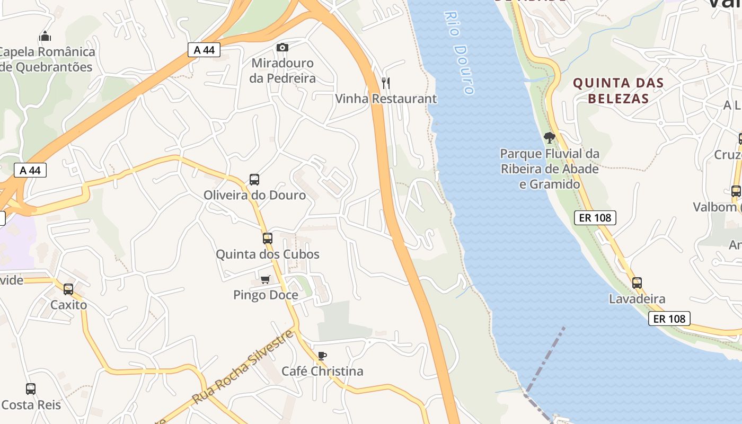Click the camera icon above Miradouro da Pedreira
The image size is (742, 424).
tap(282, 48)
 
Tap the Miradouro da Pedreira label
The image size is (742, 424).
tap(282, 70)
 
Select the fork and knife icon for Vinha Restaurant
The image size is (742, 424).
tap(386, 83)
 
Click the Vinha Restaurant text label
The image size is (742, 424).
tap(386, 99)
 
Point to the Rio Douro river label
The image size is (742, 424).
tap(459, 53)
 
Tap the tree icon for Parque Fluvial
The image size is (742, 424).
tap(550, 138)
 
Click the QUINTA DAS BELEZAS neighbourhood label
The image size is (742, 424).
tap(618, 91)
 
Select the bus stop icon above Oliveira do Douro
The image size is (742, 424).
tap(254, 180)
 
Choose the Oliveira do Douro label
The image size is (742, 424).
tap(254, 195)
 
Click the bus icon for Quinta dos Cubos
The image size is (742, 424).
tap(268, 238)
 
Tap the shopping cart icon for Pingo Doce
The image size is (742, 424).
tap(265, 279)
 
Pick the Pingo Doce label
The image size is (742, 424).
tap(265, 295)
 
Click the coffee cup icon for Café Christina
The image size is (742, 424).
tap(322, 356)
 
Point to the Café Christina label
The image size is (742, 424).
tap(322, 371)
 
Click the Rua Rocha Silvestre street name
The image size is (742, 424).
tap(243, 367)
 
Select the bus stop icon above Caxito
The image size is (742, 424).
tap(68, 289)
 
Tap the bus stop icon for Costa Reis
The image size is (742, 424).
tap(31, 389)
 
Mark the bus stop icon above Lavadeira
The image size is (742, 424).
tap(637, 283)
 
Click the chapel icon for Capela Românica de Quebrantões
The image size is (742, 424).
tap(45, 37)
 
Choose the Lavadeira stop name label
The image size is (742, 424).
tap(637, 299)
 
